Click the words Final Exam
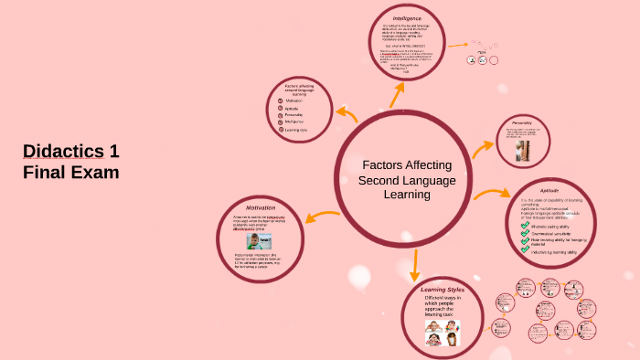pyautogui.click(x=71, y=172)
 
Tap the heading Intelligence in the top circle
pyautogui.click(x=407, y=18)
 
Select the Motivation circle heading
pyautogui.click(x=260, y=207)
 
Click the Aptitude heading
pyautogui.click(x=549, y=190)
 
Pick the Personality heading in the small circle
pyautogui.click(x=522, y=122)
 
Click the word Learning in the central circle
pyautogui.click(x=393, y=194)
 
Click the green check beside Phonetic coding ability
pyautogui.click(x=525, y=226)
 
